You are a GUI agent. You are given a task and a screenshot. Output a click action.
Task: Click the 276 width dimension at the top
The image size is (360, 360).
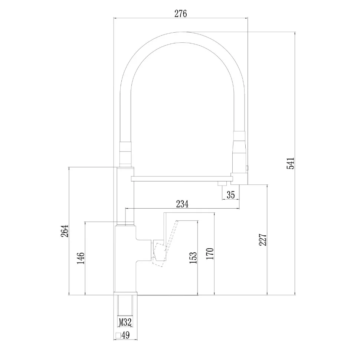click(181, 14)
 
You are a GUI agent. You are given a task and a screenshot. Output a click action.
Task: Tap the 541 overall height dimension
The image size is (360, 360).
click(290, 163)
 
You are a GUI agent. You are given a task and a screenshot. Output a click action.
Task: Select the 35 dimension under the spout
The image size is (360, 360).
click(230, 195)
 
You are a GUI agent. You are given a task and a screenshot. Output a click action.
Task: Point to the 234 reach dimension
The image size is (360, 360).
click(182, 204)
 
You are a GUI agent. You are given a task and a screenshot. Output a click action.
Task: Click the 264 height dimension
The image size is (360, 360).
click(65, 231)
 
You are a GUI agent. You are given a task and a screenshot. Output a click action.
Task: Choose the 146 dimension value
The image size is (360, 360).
click(81, 258)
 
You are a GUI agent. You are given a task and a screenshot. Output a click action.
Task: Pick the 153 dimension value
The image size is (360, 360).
click(193, 258)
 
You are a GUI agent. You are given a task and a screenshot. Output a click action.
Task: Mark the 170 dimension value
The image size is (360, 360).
click(210, 254)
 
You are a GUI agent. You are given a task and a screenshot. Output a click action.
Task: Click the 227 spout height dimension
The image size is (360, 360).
click(263, 240)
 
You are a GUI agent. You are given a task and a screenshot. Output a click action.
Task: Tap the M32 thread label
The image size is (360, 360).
click(125, 322)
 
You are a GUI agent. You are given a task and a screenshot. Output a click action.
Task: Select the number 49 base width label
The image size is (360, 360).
click(125, 335)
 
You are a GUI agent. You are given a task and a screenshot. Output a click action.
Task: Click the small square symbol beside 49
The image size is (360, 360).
click(118, 336)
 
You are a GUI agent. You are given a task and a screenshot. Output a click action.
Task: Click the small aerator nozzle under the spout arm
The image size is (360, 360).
click(222, 183)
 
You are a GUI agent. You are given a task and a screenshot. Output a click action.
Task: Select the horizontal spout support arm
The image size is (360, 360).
click(182, 179)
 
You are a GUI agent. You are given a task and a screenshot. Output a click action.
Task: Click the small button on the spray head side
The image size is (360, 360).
click(247, 168)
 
